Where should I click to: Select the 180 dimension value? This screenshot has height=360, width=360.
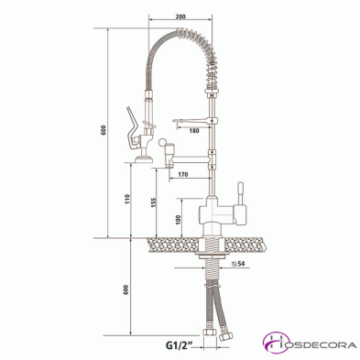[193, 131]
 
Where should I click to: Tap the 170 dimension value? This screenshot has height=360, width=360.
[183, 173]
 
